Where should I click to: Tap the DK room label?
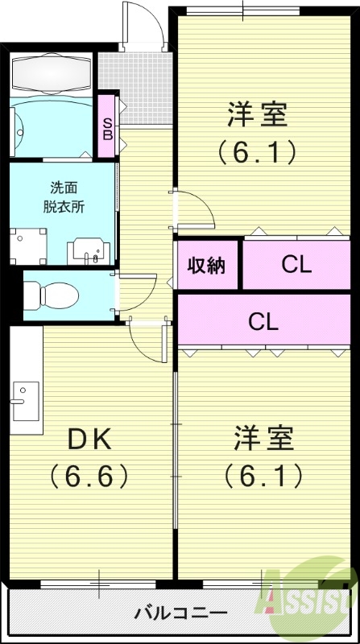[89, 440]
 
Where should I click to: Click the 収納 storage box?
[207, 265]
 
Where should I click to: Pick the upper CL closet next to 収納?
[296, 265]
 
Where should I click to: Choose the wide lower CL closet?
[263, 321]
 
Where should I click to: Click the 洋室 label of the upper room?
[256, 114]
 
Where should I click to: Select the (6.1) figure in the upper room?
[256, 151]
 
